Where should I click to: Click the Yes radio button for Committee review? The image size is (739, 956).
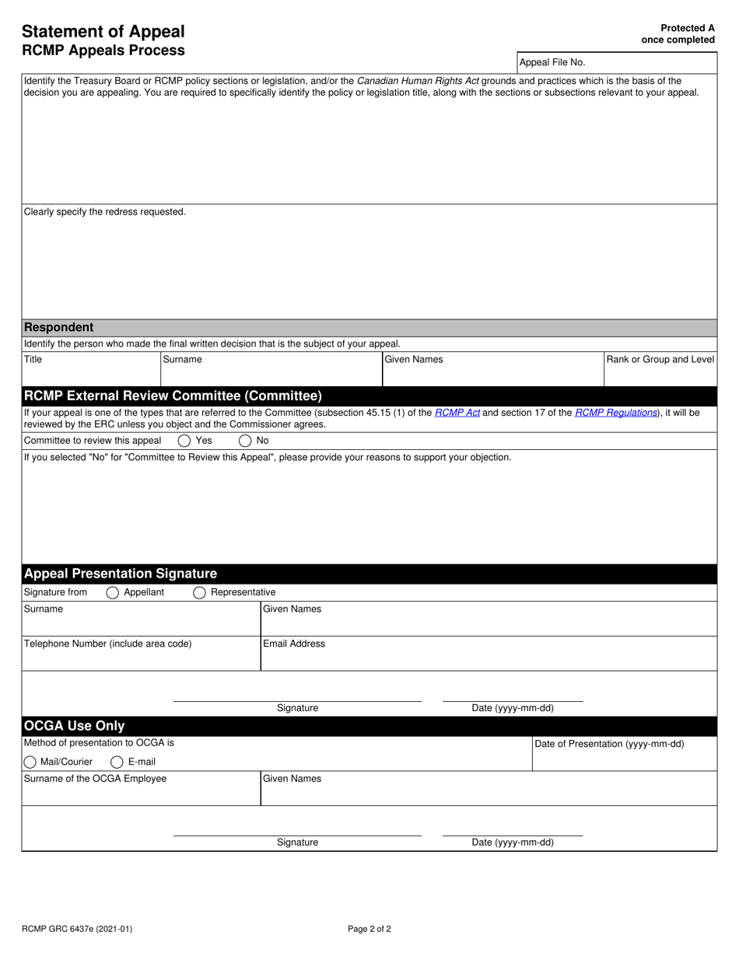click(x=184, y=441)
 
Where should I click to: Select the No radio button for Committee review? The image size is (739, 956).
click(x=245, y=441)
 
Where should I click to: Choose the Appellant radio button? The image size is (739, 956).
click(x=112, y=593)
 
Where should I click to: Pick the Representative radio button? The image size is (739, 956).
click(x=199, y=593)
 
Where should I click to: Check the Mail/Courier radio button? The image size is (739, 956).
click(x=30, y=762)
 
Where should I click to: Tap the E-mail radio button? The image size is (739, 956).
click(x=117, y=762)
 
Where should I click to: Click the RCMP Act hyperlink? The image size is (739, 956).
click(x=457, y=413)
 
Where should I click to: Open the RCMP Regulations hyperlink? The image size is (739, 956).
click(x=616, y=413)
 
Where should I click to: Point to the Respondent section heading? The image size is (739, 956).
click(x=58, y=327)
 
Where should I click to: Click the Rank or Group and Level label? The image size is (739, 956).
click(x=660, y=360)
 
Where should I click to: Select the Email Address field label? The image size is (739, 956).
click(x=294, y=644)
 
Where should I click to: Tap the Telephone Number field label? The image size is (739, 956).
click(x=107, y=644)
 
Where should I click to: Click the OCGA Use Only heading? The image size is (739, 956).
click(x=74, y=726)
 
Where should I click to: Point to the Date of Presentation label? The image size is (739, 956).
click(x=609, y=744)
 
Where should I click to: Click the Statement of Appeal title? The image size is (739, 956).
click(x=103, y=32)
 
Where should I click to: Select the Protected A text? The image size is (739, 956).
click(x=687, y=28)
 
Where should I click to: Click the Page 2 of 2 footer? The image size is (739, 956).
click(x=369, y=929)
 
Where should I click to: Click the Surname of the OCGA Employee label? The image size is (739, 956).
click(x=95, y=779)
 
